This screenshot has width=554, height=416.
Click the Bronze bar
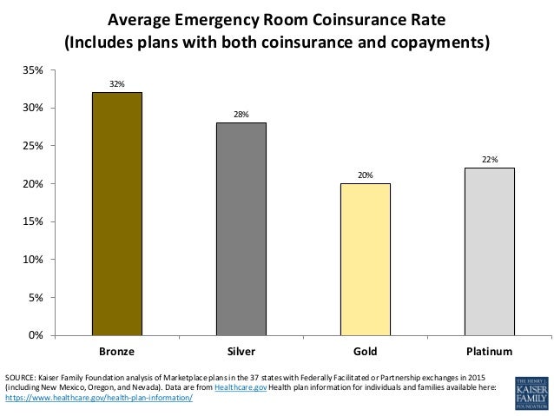point(117,213)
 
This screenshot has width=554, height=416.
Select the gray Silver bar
point(241,228)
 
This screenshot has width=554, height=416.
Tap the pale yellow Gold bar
point(366,259)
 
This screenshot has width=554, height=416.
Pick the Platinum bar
point(490,251)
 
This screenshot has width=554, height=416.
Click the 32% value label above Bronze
point(117,84)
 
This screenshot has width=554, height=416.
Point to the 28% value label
point(241,115)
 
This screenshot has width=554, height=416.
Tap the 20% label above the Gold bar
point(366,175)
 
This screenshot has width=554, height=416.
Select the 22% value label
point(490,160)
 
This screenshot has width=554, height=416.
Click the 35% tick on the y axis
point(39,70)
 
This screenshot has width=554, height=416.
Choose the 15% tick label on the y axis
point(39,221)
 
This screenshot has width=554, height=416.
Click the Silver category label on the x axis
point(241,352)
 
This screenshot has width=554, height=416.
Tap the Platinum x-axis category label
point(490,352)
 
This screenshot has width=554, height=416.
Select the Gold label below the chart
point(366,352)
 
